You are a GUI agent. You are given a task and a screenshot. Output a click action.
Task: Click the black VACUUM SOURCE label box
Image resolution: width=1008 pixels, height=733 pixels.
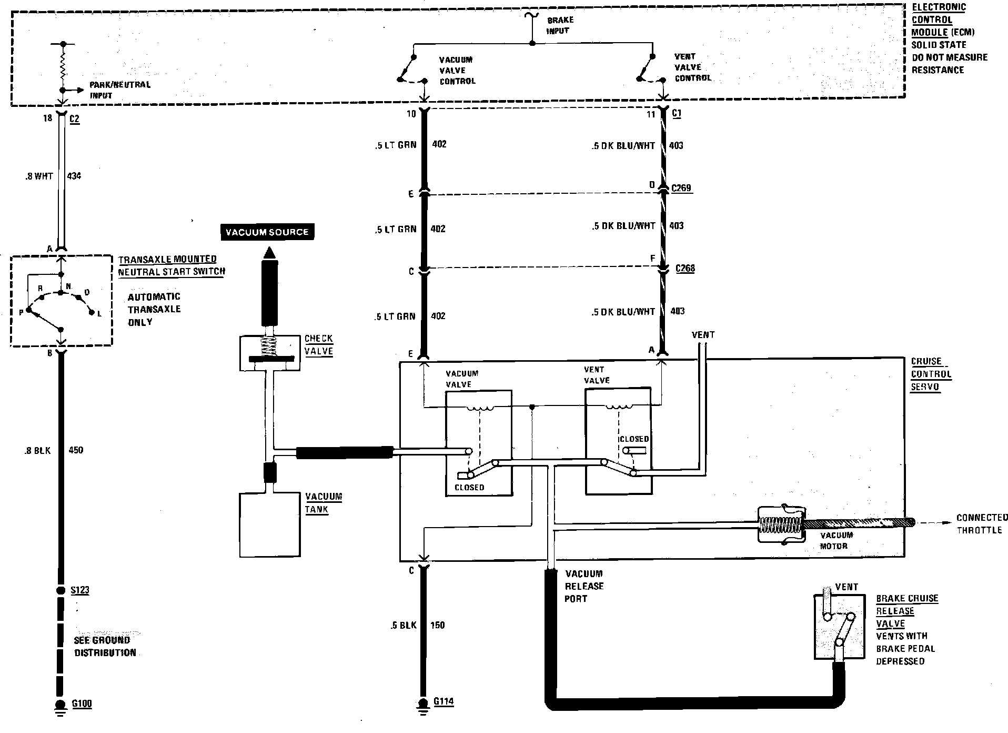[267, 232]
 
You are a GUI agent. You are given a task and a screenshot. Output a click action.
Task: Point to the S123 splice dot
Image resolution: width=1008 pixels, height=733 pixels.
[61, 590]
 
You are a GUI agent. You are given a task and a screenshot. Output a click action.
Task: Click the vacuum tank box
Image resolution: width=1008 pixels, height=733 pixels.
[270, 524]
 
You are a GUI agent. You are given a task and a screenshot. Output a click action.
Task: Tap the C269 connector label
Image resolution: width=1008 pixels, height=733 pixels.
[682, 188]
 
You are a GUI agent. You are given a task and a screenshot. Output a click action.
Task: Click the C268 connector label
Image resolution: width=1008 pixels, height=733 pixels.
[685, 269]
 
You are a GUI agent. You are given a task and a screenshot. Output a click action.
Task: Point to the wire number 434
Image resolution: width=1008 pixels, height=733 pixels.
[74, 176]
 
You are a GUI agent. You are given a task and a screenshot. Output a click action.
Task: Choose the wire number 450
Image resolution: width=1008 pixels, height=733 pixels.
[76, 450]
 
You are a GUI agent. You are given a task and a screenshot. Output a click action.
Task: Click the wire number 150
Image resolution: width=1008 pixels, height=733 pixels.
[437, 625]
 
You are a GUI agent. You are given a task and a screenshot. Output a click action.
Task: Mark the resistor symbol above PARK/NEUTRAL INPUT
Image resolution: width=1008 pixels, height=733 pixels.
[63, 66]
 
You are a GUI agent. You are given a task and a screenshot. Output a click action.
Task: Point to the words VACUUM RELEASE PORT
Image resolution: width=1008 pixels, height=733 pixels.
[583, 586]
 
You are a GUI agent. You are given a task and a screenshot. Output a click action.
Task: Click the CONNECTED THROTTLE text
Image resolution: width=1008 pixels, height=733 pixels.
[982, 524]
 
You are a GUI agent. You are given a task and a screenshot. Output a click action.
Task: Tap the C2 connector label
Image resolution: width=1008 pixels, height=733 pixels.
[74, 120]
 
